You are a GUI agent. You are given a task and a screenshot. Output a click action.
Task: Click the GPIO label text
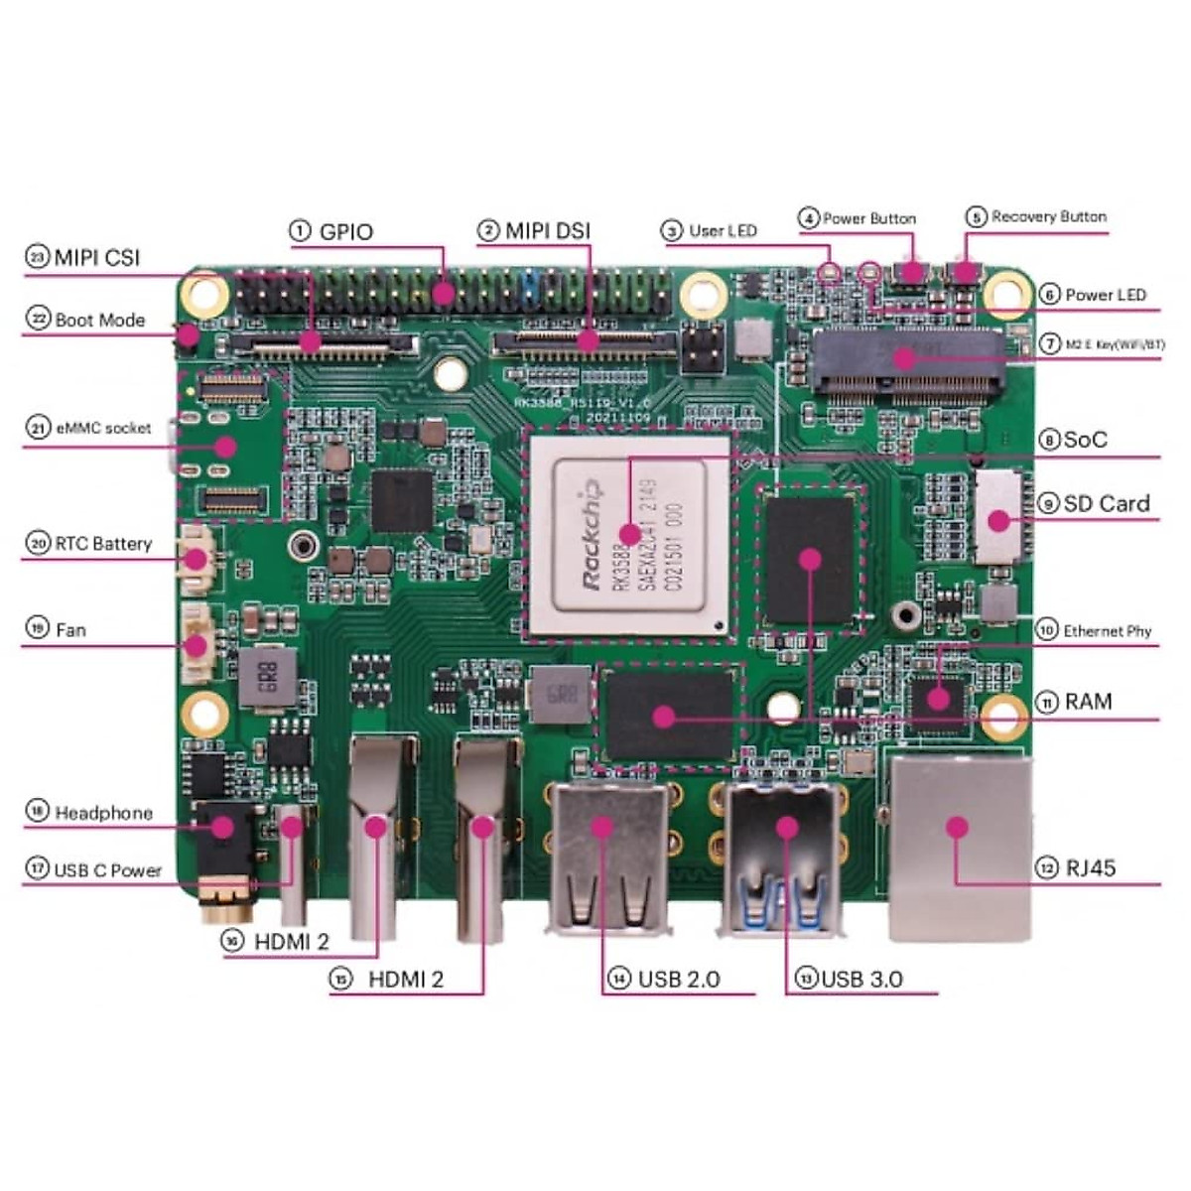pos(345,232)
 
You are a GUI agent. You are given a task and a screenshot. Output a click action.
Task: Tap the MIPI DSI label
pos(547,231)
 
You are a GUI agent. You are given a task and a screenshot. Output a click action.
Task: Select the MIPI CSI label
pos(96,258)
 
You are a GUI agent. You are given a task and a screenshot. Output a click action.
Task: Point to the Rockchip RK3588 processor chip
pos(630,532)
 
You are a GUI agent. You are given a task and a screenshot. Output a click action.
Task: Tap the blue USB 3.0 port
pos(785,859)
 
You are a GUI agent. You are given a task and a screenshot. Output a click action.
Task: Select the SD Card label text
pos(1106,504)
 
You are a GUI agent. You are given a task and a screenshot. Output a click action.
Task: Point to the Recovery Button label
pos(1048,217)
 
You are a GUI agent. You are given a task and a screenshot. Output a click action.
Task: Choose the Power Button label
pos(868,218)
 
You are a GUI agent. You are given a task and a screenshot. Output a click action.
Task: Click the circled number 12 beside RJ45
pos(1047,868)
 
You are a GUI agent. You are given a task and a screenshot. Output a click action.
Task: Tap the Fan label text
pos(70,629)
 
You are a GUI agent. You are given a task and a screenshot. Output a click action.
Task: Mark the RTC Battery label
pos(103,544)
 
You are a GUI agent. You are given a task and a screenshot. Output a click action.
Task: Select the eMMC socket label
pos(103,429)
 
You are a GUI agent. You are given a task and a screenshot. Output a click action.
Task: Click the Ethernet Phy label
pos(1107,631)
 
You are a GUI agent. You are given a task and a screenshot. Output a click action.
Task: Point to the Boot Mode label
pos(99,321)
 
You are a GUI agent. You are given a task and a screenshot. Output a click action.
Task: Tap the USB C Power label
pos(107,870)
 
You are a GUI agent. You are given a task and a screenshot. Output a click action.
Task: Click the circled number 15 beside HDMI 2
pos(340,980)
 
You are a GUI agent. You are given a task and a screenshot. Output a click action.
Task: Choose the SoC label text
pos(1085,440)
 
